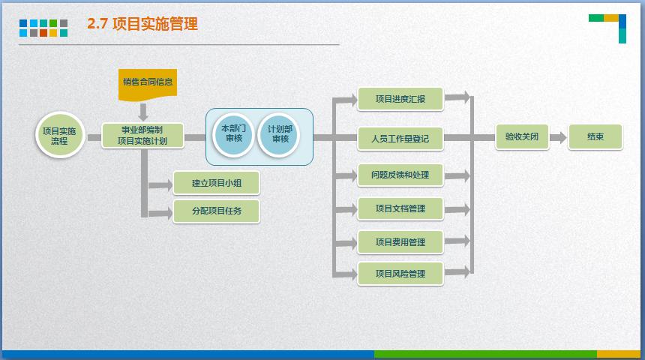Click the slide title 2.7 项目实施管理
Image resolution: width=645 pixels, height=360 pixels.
tap(142, 24)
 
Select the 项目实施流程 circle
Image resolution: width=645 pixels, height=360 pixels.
tap(59, 136)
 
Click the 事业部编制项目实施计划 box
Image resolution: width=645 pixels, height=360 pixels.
tap(142, 136)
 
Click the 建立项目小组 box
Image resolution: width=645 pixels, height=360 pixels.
tap(216, 182)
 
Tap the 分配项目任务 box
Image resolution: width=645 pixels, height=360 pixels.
tap(216, 211)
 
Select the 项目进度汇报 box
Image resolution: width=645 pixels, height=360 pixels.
tap(400, 98)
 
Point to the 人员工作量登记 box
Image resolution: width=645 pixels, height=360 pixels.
tap(400, 138)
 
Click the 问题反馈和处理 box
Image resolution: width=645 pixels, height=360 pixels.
tap(400, 175)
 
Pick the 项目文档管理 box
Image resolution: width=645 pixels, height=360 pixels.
tap(400, 208)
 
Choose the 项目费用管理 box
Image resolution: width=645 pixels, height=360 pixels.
tap(400, 241)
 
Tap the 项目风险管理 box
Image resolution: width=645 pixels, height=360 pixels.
tap(400, 274)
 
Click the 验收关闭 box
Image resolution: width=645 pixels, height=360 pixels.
tap(521, 137)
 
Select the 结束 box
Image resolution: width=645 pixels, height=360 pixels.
tap(595, 137)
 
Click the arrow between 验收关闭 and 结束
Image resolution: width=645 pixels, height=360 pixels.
tap(557, 137)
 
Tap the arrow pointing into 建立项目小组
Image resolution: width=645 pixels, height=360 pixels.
tap(160, 184)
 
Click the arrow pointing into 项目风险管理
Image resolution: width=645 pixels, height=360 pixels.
tap(345, 274)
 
